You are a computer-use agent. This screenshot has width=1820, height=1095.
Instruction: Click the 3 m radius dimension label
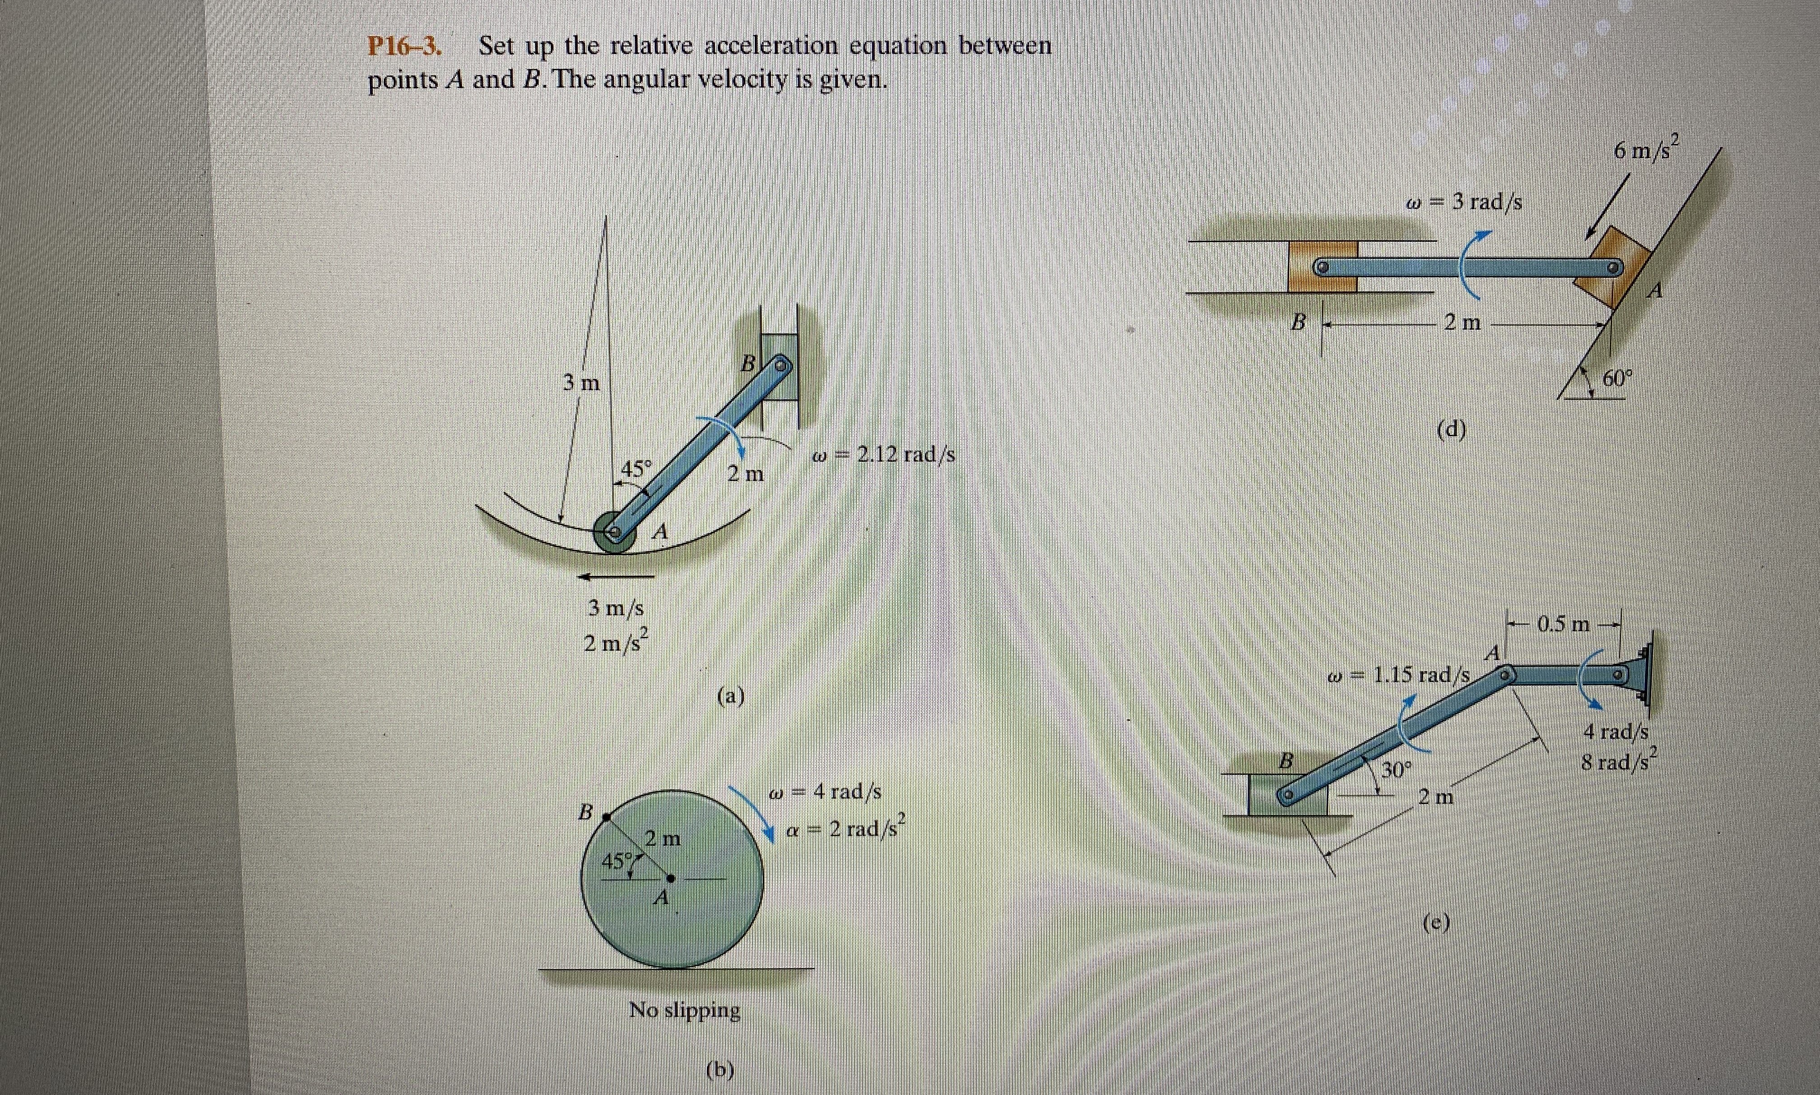tap(581, 382)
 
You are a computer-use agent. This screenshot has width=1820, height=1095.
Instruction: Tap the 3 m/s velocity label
tap(616, 609)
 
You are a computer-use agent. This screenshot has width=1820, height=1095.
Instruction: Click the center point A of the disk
tap(670, 878)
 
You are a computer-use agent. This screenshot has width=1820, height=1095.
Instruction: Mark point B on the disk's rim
tap(605, 816)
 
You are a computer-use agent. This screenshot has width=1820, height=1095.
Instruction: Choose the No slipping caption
tap(684, 1009)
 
